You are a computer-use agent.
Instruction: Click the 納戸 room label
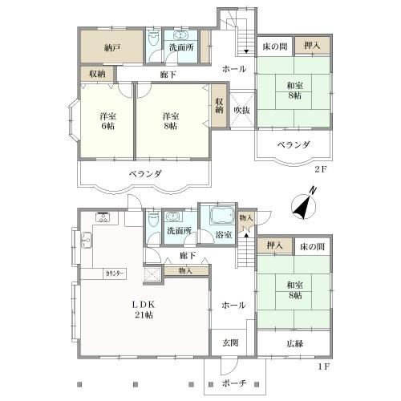112,48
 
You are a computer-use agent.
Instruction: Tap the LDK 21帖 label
144,310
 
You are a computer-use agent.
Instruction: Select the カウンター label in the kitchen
115,273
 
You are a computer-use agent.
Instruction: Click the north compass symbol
304,205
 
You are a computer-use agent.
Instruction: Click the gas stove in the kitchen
103,217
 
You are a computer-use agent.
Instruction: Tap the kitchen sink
87,241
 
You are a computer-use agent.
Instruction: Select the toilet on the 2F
153,38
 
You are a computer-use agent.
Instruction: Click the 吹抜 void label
241,110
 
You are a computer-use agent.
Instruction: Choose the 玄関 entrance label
230,342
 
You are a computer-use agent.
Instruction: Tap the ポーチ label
233,383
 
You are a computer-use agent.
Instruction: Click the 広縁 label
295,343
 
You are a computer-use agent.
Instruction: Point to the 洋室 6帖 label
107,121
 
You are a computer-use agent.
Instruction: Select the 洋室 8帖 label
171,121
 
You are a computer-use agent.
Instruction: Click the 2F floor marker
320,169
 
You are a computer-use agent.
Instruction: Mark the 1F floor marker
323,367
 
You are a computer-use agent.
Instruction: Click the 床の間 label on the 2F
275,47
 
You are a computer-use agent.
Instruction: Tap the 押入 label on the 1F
274,245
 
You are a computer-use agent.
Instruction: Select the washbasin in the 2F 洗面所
181,35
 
